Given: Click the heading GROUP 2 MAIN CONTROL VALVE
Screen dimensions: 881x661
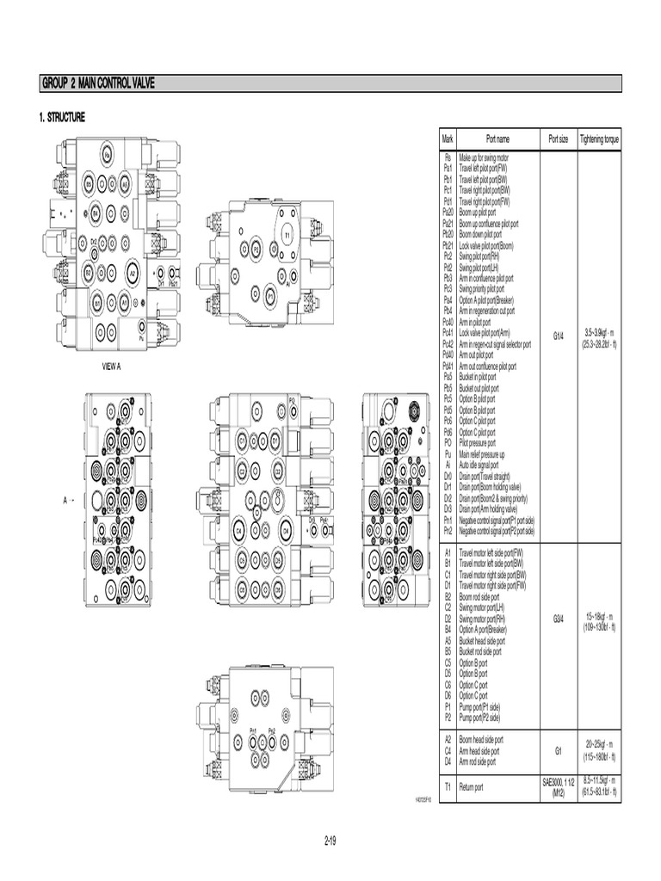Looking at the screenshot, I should click(99, 83).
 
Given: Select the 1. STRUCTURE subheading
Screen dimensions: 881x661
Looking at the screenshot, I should click(62, 118).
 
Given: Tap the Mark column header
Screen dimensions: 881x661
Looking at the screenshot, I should click(448, 138).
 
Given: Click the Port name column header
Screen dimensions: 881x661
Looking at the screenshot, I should click(497, 138).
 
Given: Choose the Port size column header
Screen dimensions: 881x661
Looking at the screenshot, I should click(558, 138).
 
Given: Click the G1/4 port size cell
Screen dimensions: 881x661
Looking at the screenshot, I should click(558, 338).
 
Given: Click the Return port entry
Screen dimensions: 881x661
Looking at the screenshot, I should click(472, 786).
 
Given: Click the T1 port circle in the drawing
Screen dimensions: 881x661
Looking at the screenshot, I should click(287, 234).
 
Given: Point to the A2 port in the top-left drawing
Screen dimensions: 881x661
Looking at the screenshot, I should click(133, 272).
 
